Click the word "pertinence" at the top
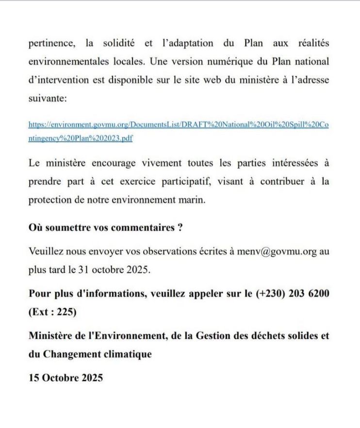click(x=51, y=44)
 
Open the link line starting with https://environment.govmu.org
click(x=179, y=125)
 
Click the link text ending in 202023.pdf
click(x=81, y=138)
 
